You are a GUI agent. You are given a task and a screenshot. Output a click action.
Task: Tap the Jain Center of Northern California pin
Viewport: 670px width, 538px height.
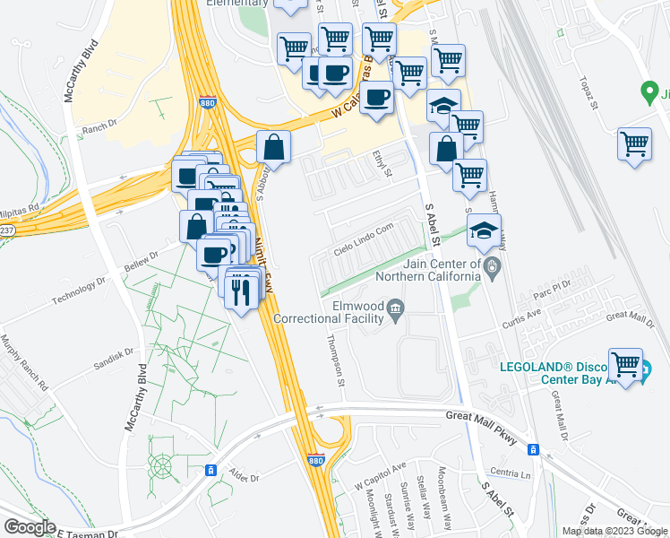[491, 267]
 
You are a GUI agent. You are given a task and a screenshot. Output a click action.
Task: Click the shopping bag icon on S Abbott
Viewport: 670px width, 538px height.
[273, 147]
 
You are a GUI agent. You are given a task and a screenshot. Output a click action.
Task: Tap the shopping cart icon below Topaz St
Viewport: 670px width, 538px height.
[634, 143]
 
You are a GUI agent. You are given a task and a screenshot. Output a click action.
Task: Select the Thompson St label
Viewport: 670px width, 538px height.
[337, 357]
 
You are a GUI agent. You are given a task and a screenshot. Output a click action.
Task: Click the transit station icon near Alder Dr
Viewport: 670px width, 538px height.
[212, 470]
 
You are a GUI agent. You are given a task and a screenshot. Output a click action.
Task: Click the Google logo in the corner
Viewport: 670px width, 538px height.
[29, 527]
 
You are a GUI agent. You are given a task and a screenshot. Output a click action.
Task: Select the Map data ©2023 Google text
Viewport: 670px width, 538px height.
[614, 531]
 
